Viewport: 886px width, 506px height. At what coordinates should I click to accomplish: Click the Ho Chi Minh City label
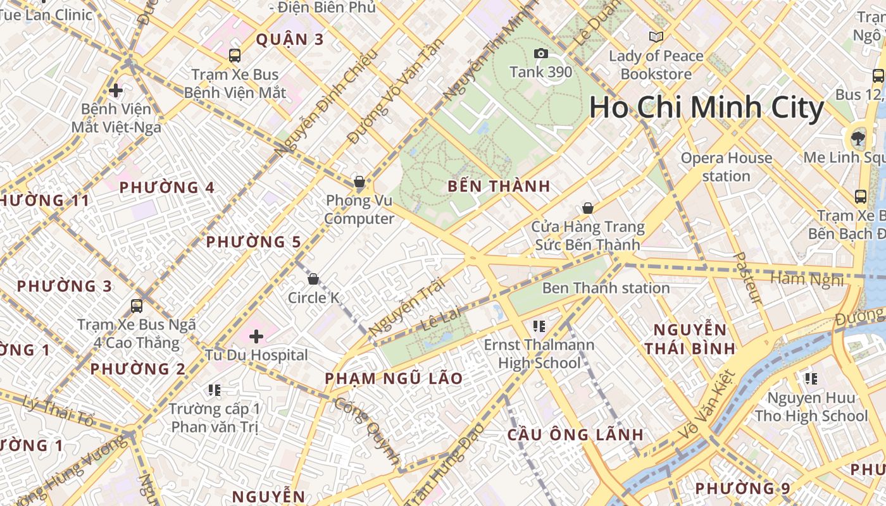coord(706,108)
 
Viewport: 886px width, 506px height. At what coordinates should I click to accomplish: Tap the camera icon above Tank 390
coord(540,54)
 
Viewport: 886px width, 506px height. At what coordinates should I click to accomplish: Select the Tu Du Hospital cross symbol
coord(256,336)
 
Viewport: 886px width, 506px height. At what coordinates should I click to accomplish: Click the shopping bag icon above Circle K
coord(313,279)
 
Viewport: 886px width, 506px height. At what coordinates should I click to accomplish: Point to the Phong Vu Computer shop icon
coord(359,182)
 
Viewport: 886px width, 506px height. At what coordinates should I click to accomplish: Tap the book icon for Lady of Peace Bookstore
coord(656,37)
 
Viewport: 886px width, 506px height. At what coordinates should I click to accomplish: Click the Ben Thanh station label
coord(606,288)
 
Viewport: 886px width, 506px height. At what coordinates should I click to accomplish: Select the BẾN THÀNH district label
coord(499,187)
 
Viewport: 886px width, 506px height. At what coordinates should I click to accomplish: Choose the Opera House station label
coord(726,167)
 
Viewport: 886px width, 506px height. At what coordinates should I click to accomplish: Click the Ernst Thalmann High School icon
coord(539,326)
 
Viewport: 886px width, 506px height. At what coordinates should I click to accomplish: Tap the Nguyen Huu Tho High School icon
coord(811,379)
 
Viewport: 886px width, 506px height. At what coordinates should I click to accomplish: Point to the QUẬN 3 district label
coord(289,40)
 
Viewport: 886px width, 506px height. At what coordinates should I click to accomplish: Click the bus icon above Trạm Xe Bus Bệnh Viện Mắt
coord(235,56)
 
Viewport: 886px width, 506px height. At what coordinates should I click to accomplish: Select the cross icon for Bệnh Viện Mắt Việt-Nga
coord(116,90)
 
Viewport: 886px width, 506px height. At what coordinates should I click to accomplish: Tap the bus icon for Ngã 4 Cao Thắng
coord(136,306)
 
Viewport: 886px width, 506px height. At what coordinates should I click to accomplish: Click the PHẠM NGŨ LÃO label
coord(393,379)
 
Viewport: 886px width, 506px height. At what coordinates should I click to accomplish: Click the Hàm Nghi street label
coord(807,279)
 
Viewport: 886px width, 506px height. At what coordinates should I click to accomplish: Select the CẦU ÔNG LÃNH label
coord(575,435)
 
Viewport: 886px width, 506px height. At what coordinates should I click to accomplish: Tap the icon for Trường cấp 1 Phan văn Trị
coord(215,390)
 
